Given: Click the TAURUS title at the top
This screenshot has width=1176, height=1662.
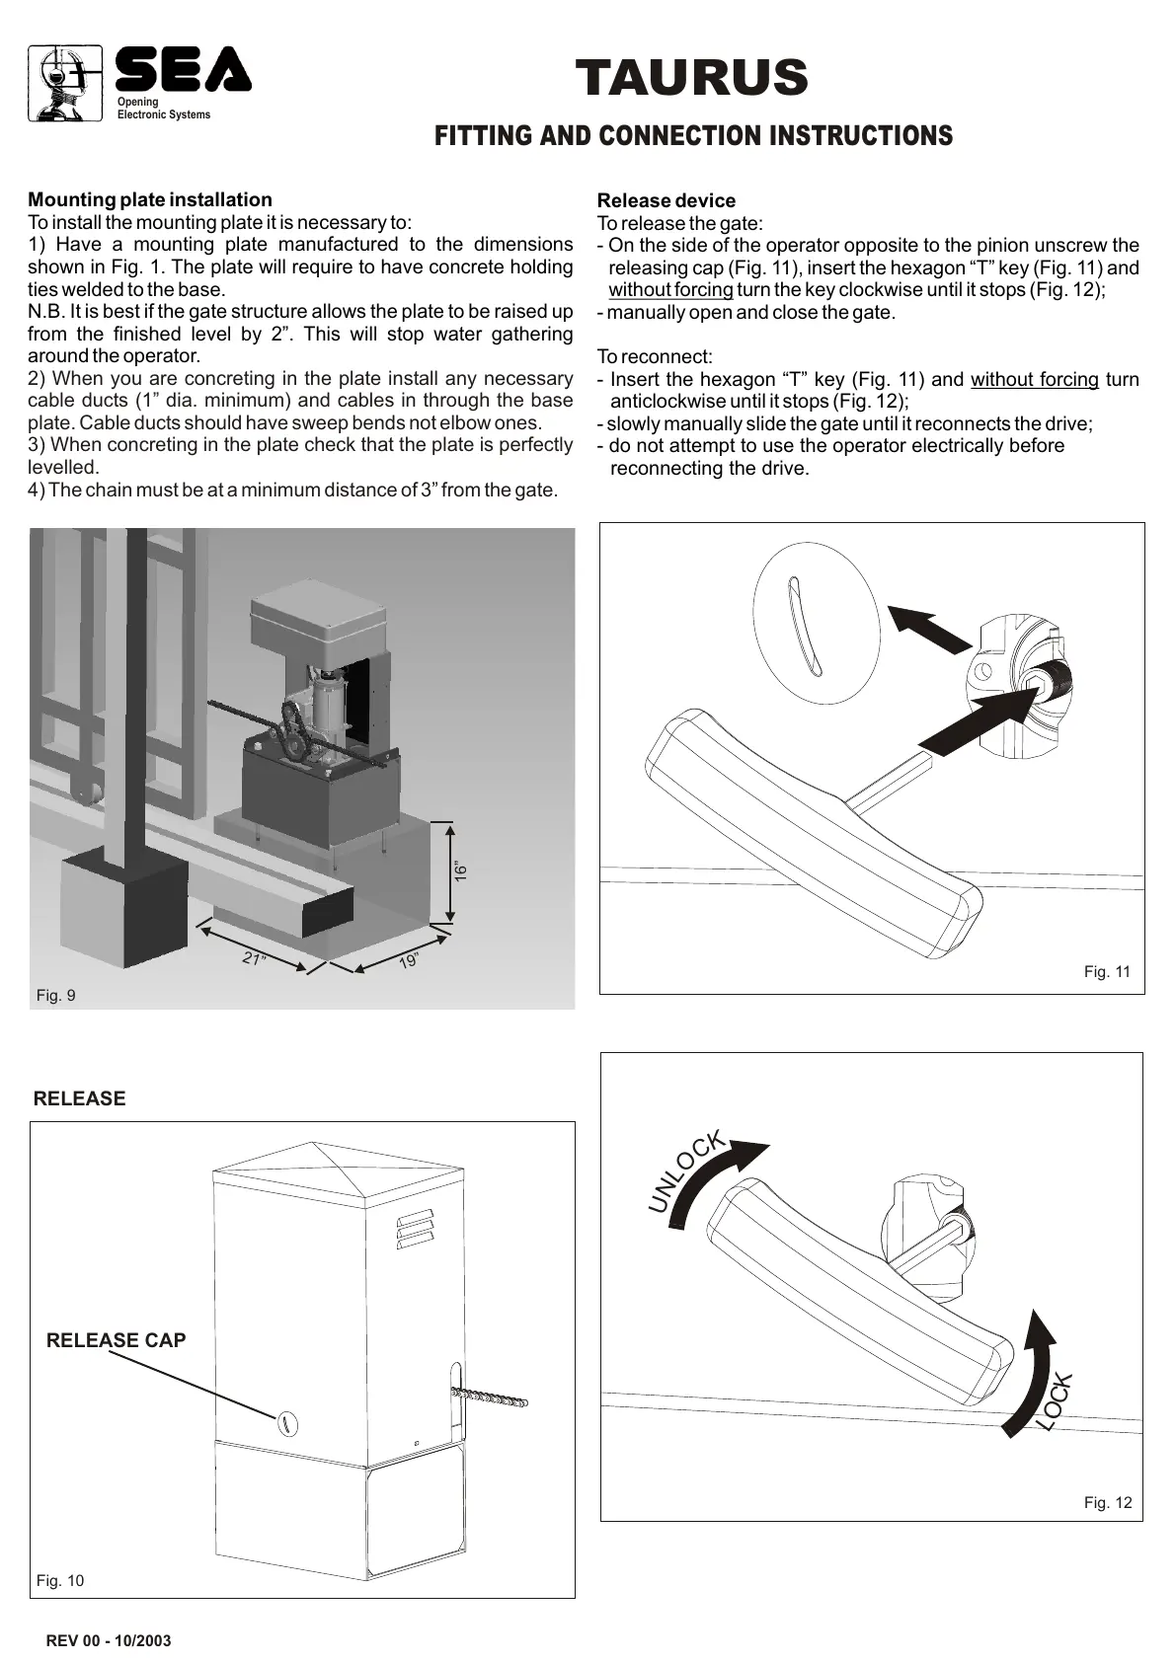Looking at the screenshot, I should click(x=691, y=78).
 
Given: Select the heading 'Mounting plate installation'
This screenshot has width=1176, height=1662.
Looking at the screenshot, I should click(x=150, y=200).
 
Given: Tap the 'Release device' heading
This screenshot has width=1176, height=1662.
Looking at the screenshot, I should click(x=666, y=201).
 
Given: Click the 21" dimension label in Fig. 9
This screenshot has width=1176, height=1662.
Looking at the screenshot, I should click(x=255, y=958).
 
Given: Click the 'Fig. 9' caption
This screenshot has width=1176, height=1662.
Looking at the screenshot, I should click(x=55, y=995).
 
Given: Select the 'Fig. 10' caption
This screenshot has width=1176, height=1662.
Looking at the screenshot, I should click(x=60, y=1581).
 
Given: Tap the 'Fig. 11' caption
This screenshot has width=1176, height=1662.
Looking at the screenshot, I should click(x=1107, y=972).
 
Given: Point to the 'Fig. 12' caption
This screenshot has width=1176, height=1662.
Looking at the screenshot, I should click(x=1108, y=1503).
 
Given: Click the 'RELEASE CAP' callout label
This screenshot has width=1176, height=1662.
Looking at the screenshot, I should click(x=117, y=1340).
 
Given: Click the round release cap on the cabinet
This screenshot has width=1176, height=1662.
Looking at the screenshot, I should click(x=285, y=1422).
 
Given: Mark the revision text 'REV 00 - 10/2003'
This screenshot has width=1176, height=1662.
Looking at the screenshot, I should click(x=109, y=1640).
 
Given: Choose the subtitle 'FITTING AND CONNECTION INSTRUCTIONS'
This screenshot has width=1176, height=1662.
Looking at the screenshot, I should click(x=693, y=136).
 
